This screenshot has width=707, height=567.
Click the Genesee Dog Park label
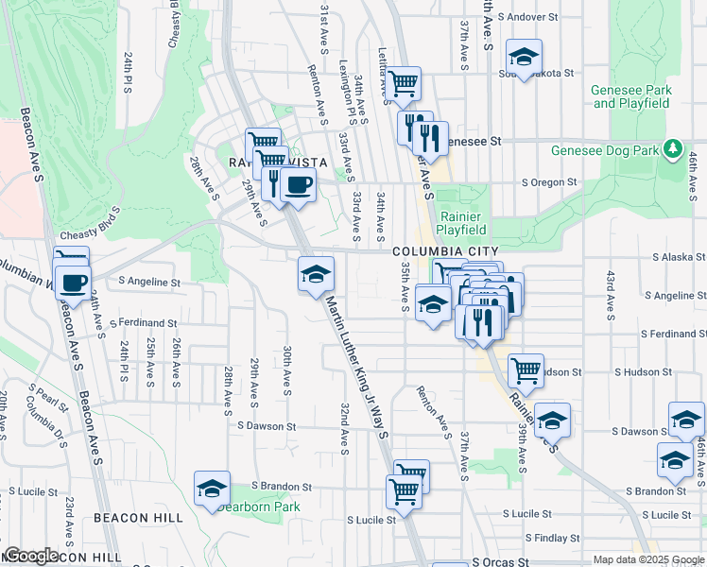pyautogui.click(x=605, y=150)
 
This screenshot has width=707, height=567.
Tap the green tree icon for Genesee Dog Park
pyautogui.click(x=672, y=149)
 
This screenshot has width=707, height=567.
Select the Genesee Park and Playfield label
pyautogui.click(x=631, y=96)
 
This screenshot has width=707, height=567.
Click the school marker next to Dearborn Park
pyautogui.click(x=212, y=488)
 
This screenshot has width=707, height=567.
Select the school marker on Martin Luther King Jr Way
pyautogui.click(x=316, y=274)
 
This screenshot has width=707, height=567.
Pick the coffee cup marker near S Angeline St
pyautogui.click(x=72, y=282)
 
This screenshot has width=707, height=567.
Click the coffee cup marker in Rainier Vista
pyautogui.click(x=299, y=184)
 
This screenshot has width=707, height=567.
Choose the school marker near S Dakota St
pyautogui.click(x=523, y=56)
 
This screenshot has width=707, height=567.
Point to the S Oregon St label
pyautogui.click(x=549, y=182)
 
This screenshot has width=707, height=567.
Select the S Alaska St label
pyautogui.click(x=679, y=257)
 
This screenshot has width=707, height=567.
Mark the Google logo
pyautogui.click(x=30, y=556)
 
